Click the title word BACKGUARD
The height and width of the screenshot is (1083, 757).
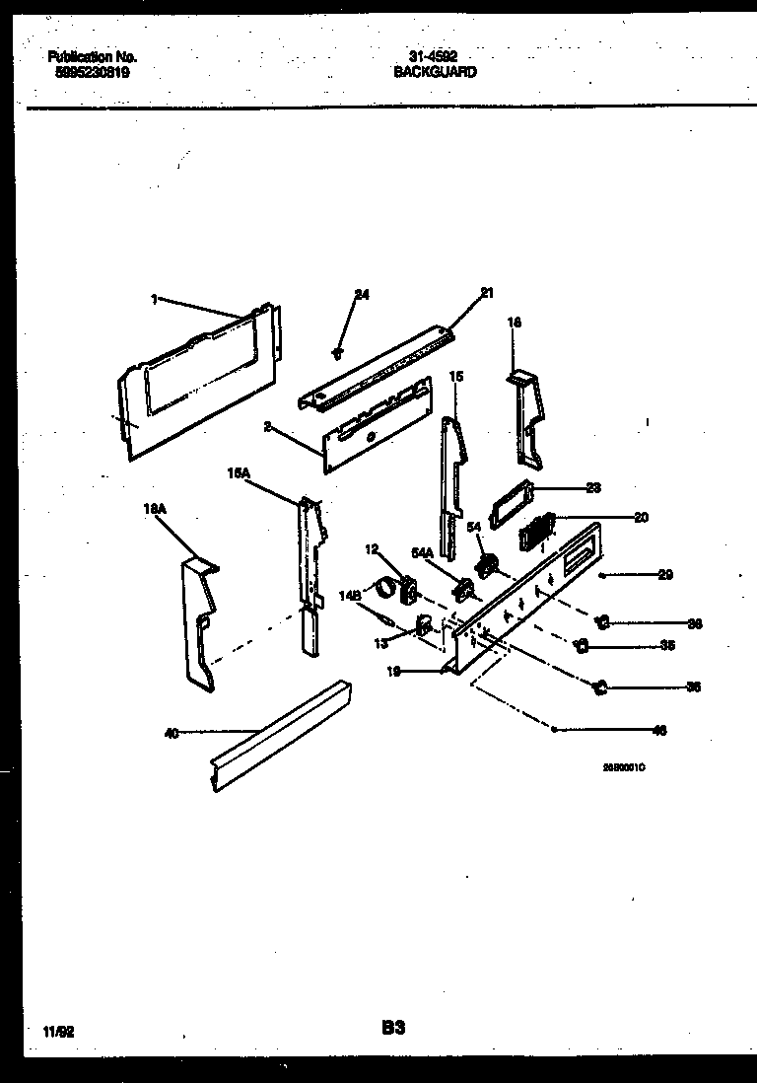point(435,72)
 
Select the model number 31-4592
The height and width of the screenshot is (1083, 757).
point(434,57)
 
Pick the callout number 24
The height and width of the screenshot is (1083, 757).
point(361,295)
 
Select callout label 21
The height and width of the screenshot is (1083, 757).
point(486,292)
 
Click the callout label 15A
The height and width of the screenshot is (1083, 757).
point(240,473)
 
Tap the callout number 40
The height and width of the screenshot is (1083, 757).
point(172,732)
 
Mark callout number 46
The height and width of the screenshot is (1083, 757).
point(659,731)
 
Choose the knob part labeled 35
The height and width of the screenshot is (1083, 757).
point(583,646)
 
